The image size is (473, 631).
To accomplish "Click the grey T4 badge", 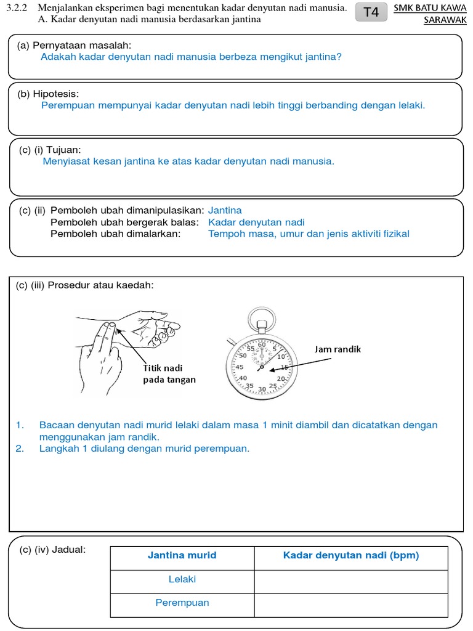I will point(371,12).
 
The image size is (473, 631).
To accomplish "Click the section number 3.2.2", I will point(17,9).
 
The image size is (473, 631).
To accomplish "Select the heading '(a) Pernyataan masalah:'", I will point(75,46).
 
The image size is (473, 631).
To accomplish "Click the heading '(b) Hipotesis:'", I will point(48,94).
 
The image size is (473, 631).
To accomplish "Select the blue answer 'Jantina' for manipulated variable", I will point(225,211).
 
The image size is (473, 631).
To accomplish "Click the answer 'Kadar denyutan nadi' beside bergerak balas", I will point(256,222).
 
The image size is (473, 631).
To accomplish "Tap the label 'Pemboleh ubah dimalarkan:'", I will point(116,234).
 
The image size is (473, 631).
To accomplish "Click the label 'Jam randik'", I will point(338,349).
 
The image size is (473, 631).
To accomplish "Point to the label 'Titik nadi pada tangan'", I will point(169,373).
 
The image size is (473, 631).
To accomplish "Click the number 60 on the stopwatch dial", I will point(262,345).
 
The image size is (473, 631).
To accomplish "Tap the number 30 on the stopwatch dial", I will point(262,389).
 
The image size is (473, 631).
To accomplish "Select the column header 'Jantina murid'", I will point(182,555).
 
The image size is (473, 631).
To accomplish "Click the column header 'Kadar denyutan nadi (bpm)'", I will point(351,555).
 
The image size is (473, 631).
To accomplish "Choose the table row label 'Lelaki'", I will point(182,579).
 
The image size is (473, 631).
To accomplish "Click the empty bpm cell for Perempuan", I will point(351,603).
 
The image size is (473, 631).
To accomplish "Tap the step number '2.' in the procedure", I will point(20,449).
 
